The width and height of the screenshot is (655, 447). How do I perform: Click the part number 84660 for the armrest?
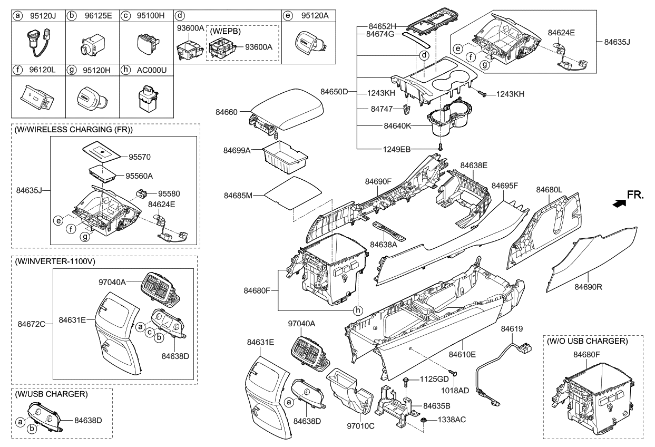pos(227,112)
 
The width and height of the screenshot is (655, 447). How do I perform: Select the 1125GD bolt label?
pos(434,379)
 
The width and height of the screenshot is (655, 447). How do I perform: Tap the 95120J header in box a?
pos(43,16)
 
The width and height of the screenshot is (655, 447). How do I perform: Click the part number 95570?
pos(140,157)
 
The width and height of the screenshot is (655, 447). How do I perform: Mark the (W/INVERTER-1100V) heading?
pos(52,261)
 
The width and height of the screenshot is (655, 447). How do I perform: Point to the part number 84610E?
pos(462,354)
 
